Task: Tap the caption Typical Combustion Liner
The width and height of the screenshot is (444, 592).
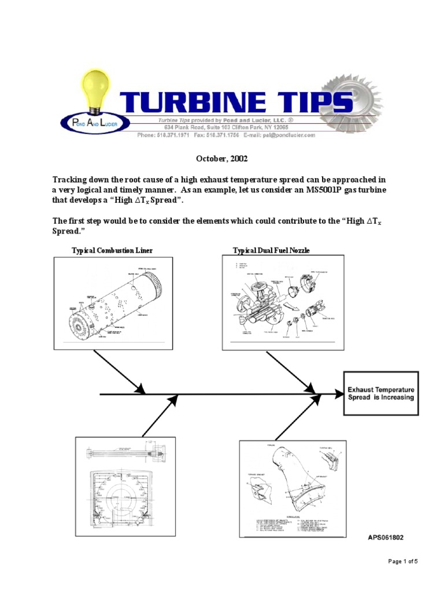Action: pos(112,250)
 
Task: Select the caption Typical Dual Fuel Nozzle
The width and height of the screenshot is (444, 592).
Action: pos(271,250)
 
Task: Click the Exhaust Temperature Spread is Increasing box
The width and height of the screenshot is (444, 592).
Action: pos(381,394)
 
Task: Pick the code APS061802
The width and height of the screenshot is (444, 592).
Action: pos(386,537)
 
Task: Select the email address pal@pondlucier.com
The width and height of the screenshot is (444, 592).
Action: pos(286,135)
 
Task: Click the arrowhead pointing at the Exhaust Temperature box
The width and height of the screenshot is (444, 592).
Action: pos(338,394)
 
